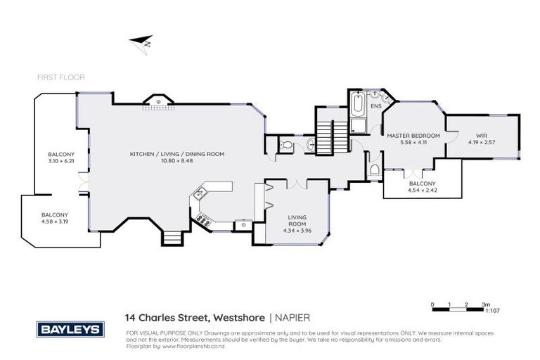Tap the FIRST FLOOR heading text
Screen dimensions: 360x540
(62, 77)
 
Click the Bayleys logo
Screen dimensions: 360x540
(70, 329)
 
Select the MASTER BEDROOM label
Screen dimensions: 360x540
(413, 135)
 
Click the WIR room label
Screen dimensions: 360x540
(482, 135)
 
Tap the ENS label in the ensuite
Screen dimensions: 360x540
(376, 106)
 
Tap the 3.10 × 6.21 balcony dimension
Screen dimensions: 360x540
(57, 161)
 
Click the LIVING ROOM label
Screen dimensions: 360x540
(295, 220)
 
